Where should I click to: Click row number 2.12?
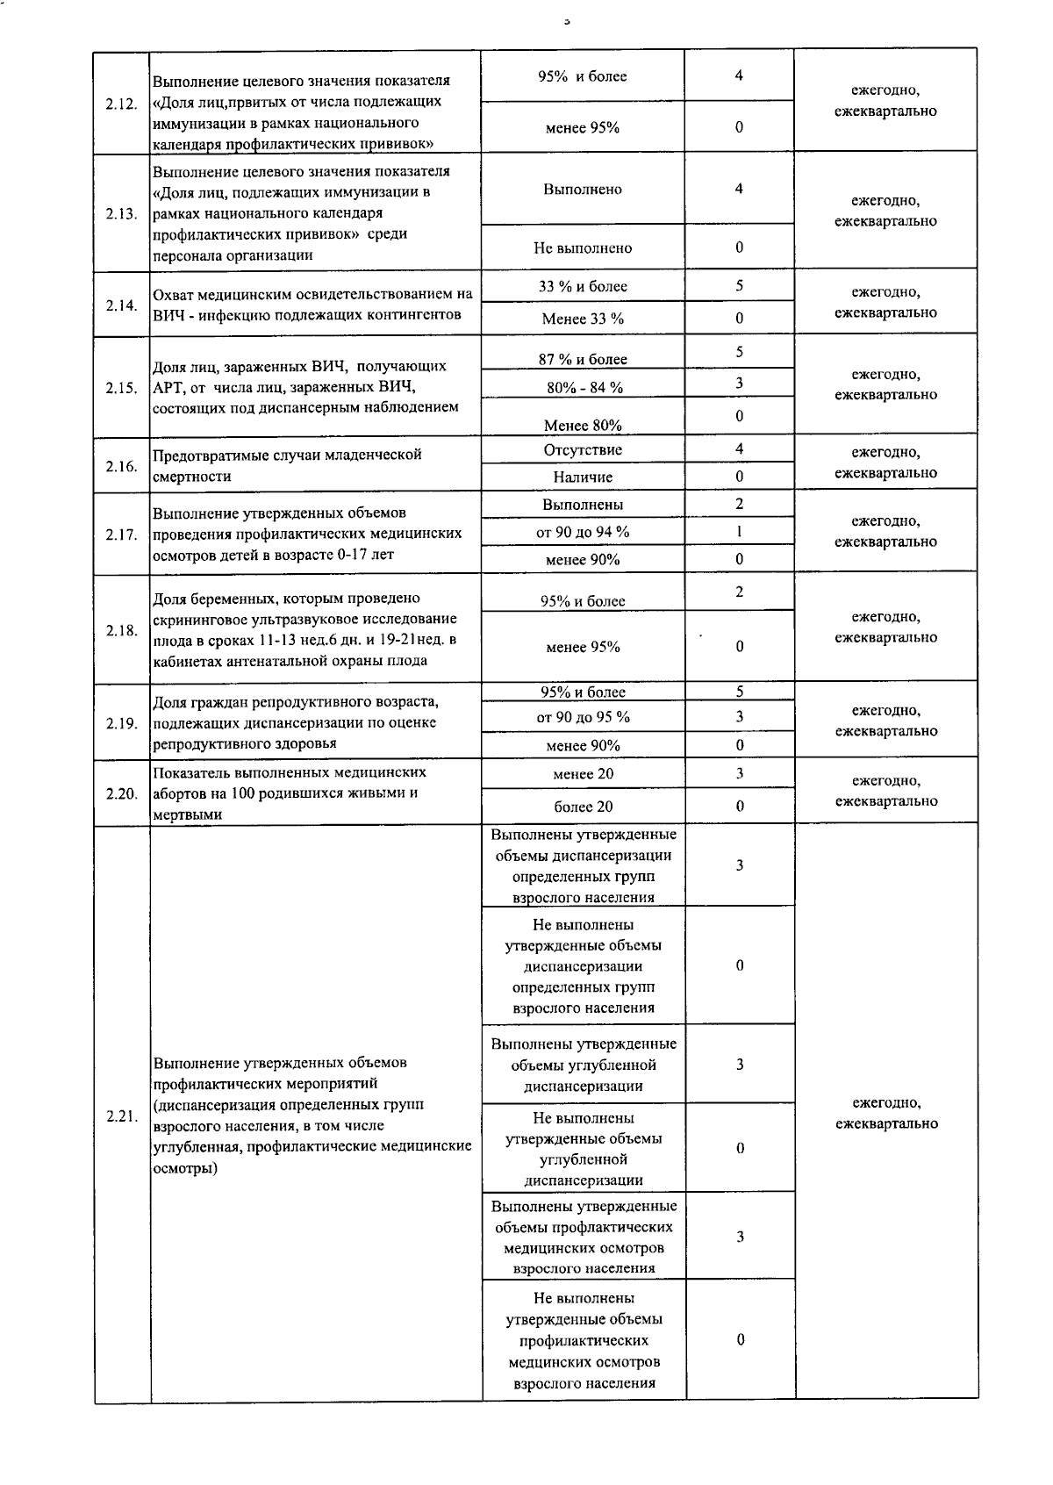point(121,104)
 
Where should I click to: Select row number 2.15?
point(121,388)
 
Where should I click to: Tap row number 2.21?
point(121,1116)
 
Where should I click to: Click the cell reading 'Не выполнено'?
point(583,247)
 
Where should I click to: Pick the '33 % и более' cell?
point(583,287)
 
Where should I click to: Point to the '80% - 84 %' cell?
point(583,387)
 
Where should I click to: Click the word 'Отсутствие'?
point(583,450)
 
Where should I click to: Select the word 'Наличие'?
point(583,477)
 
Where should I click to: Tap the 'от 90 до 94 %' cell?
point(583,532)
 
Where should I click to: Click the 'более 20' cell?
point(583,807)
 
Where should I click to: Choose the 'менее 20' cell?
point(583,774)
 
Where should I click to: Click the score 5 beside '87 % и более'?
point(740,352)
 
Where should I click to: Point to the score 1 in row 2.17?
point(740,531)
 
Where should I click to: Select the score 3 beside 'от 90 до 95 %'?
point(740,716)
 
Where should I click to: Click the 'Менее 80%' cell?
point(583,426)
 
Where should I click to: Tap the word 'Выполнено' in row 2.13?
point(583,190)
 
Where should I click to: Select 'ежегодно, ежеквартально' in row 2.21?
point(886,1113)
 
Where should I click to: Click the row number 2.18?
point(121,630)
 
